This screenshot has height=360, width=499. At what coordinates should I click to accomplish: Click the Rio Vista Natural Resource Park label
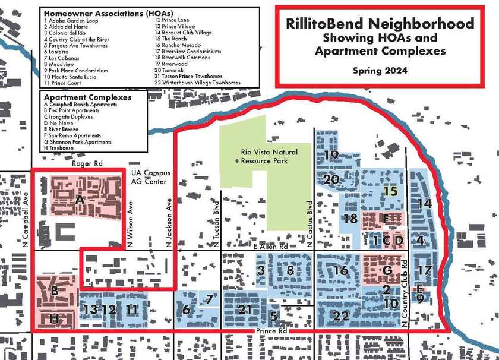pyautogui.click(x=269, y=157)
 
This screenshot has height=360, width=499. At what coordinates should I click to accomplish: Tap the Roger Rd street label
pyautogui.click(x=87, y=163)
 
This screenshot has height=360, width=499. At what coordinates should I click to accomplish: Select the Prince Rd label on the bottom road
pyautogui.click(x=271, y=331)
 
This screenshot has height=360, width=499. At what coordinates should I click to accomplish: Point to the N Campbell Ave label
pyautogui.click(x=26, y=220)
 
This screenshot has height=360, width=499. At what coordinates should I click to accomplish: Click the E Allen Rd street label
pyautogui.click(x=271, y=247)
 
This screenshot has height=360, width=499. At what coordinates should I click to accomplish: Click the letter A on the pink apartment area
pyautogui.click(x=80, y=200)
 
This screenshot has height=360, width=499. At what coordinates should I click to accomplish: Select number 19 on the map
pyautogui.click(x=331, y=155)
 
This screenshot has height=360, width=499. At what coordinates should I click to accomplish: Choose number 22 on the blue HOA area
pyautogui.click(x=341, y=316)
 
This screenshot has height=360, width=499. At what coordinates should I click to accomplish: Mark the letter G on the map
pyautogui.click(x=387, y=270)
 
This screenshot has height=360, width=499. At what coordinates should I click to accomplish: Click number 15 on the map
pyautogui.click(x=390, y=191)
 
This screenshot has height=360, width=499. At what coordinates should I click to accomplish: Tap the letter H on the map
pyautogui.click(x=55, y=318)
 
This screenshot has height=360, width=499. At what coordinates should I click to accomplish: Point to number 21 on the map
pyautogui.click(x=245, y=309)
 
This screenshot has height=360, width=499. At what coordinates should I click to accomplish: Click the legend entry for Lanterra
pyautogui.click(x=56, y=52)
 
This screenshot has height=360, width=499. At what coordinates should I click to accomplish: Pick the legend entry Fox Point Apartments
pyautogui.click(x=72, y=110)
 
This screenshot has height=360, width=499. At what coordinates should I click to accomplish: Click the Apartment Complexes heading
pyautogui.click(x=87, y=97)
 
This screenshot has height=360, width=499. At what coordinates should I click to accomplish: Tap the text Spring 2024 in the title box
pyautogui.click(x=380, y=70)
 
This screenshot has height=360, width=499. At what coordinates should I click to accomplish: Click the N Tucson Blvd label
pyautogui.click(x=216, y=224)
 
